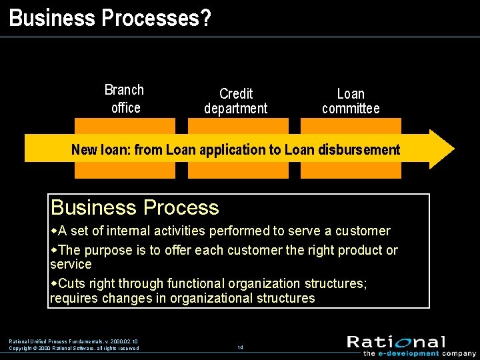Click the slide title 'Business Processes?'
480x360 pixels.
(x=110, y=17)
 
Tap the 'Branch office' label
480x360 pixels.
(x=125, y=99)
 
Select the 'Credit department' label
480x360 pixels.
(x=235, y=101)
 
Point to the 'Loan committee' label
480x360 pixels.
(x=351, y=101)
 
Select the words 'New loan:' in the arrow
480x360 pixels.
(x=101, y=150)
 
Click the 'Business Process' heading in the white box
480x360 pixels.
(x=135, y=207)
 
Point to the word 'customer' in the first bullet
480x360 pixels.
(x=363, y=231)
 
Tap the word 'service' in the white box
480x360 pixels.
(x=71, y=264)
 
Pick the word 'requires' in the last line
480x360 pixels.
(x=74, y=298)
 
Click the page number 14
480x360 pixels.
(x=240, y=347)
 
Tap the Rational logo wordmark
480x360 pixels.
(x=396, y=342)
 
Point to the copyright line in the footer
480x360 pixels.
(x=74, y=348)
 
